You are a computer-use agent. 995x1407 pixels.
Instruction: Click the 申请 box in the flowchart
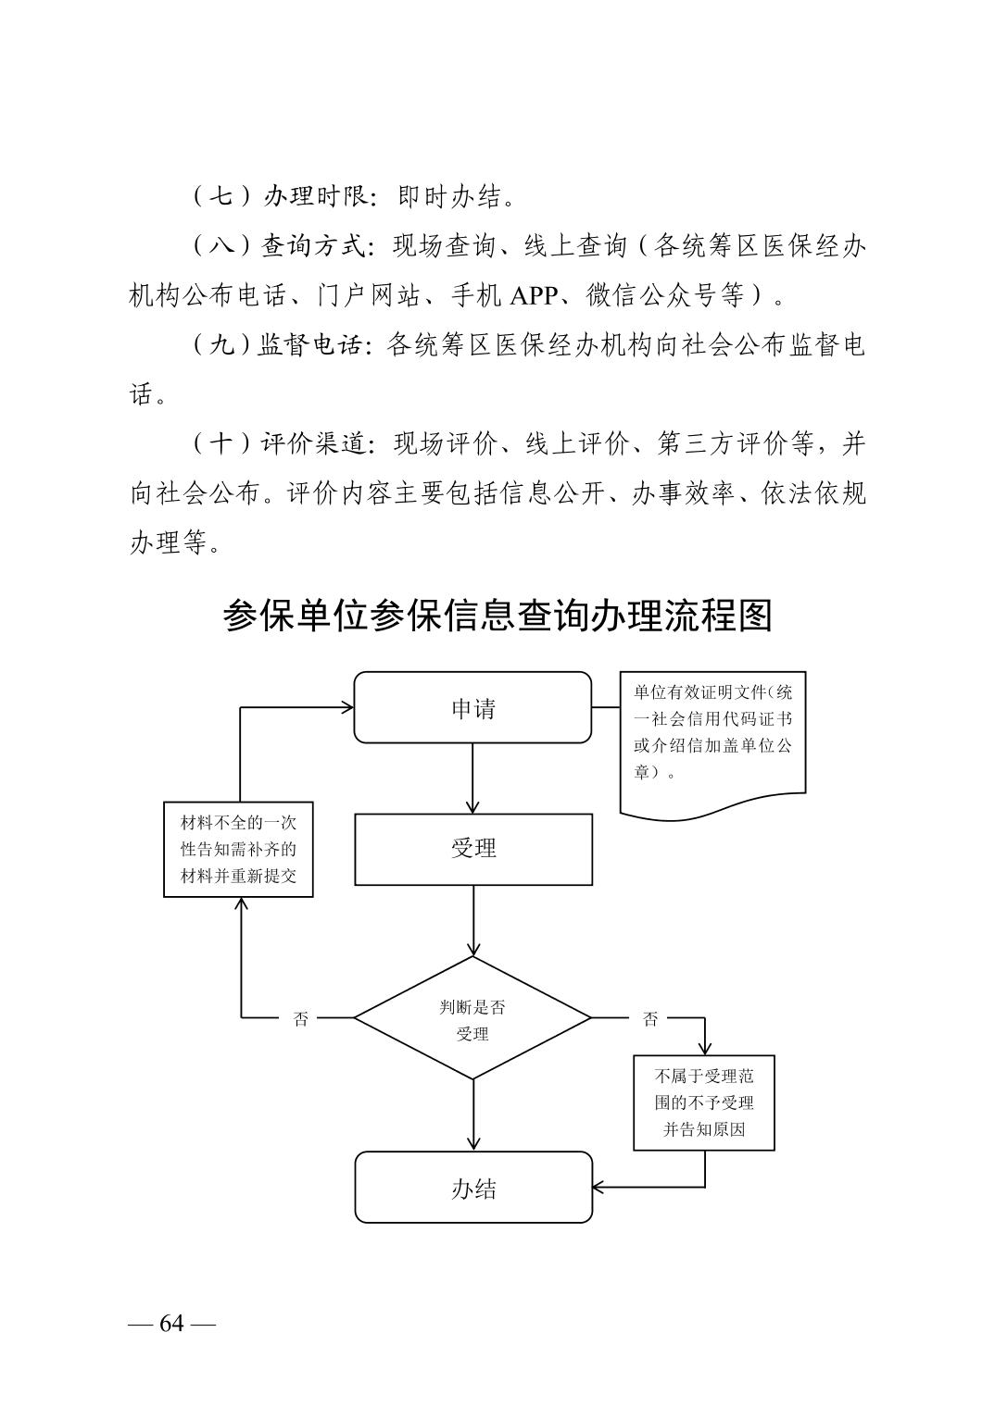click(472, 708)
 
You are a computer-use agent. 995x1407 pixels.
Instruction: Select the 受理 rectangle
click(472, 849)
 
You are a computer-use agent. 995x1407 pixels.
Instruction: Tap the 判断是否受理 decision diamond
click(472, 1018)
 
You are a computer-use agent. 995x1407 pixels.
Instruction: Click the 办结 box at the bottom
click(472, 1188)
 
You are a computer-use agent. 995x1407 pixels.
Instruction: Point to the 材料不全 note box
click(238, 849)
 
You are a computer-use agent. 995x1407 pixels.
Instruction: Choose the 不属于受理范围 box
click(704, 1102)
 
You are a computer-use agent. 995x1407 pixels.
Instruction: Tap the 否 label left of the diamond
click(301, 1019)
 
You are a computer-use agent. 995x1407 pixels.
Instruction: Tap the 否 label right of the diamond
click(650, 1019)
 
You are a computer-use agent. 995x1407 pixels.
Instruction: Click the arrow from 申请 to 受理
click(472, 778)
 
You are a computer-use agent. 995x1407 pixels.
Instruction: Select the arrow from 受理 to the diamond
click(472, 920)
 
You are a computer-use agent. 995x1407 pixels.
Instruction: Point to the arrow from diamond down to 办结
click(472, 1114)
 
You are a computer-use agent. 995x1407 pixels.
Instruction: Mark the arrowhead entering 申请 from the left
click(346, 708)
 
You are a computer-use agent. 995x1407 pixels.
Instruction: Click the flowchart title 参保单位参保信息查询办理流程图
click(497, 616)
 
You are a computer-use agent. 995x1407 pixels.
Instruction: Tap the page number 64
click(172, 1323)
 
